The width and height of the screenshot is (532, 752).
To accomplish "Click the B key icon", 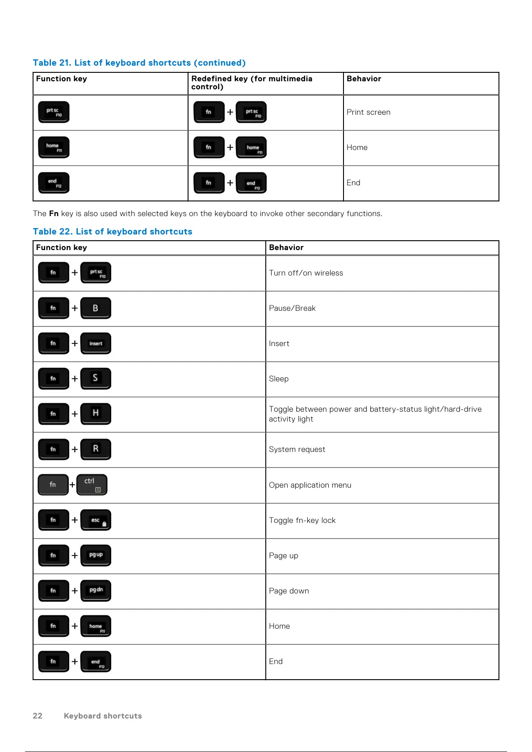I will click(x=96, y=308).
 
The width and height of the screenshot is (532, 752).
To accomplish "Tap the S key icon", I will click(x=96, y=379).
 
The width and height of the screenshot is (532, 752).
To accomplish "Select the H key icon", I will click(x=96, y=414).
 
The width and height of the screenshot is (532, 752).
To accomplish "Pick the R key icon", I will click(x=96, y=449).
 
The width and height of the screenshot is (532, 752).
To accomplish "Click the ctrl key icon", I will click(x=92, y=485).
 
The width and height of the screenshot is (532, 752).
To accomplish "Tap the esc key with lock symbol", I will click(x=96, y=520).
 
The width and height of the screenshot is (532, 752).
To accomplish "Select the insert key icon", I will click(x=96, y=343).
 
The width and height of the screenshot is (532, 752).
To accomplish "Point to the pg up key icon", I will click(x=96, y=556).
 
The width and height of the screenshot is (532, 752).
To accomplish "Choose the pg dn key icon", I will click(x=96, y=591).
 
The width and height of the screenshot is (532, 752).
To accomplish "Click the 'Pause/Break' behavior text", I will click(x=292, y=308).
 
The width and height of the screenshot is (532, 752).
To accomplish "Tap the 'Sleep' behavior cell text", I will click(x=279, y=379).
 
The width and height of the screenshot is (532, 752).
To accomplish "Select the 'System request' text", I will click(x=297, y=449).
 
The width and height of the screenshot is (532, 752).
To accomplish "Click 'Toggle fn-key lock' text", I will click(x=302, y=520).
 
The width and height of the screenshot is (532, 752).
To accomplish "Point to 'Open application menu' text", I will click(x=310, y=485).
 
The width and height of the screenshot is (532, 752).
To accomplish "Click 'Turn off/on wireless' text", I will click(x=306, y=273).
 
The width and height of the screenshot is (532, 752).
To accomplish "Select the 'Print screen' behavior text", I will click(x=369, y=112).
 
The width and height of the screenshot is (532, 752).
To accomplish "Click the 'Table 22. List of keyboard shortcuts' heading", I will click(x=113, y=231).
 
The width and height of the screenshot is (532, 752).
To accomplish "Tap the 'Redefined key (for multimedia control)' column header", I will click(x=251, y=83).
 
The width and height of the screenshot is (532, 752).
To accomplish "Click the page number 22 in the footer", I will click(x=38, y=716).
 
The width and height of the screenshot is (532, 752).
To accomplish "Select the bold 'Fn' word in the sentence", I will click(x=54, y=213).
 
